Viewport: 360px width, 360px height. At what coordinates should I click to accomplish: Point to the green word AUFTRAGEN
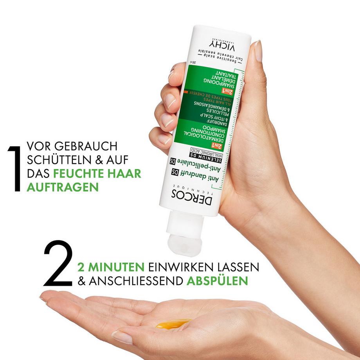(62, 187)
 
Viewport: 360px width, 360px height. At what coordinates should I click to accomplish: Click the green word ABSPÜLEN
(217, 281)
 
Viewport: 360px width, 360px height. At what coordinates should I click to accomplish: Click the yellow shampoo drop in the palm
(173, 323)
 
